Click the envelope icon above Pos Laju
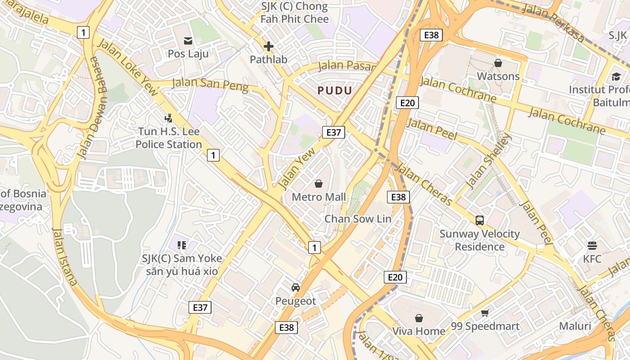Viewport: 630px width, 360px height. [188, 41]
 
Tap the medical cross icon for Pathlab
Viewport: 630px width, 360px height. [269, 46]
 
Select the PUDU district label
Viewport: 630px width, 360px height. [335, 90]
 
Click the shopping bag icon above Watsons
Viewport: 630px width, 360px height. [498, 63]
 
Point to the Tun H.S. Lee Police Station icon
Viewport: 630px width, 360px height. [168, 118]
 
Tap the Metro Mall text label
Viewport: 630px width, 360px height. [319, 197]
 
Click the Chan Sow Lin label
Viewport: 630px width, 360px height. [358, 219]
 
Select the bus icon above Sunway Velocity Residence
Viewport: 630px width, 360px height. [480, 220]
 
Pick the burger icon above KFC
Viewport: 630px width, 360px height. [592, 246]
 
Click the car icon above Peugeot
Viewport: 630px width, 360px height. [296, 288]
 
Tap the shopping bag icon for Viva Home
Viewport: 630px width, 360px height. [418, 318]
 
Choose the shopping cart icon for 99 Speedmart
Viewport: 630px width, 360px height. [485, 313]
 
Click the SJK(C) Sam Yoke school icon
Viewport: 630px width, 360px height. [182, 245]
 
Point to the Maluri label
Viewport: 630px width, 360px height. [575, 326]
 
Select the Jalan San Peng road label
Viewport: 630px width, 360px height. [210, 84]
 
